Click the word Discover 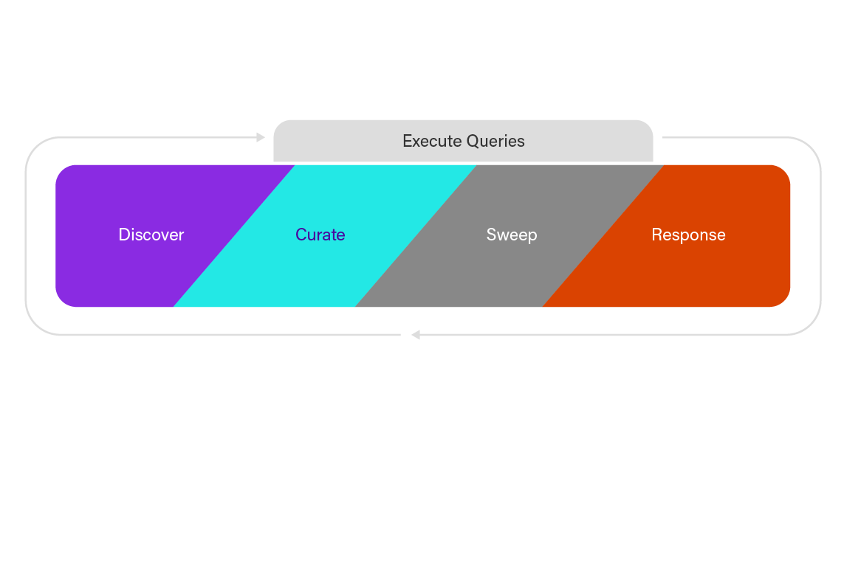(x=151, y=235)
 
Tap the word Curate (x=320, y=235)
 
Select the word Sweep (x=511, y=235)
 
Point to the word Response (x=688, y=235)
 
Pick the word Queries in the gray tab (x=495, y=141)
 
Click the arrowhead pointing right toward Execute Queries (x=261, y=137)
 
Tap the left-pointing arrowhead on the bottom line (x=416, y=335)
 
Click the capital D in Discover (x=123, y=235)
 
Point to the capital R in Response (x=656, y=235)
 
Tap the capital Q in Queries (x=473, y=141)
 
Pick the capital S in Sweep (x=491, y=235)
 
